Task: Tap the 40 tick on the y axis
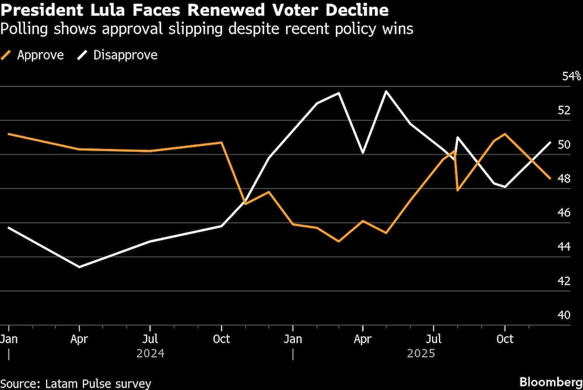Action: (x=563, y=315)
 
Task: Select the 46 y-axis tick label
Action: (x=563, y=213)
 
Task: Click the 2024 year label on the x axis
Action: (x=150, y=354)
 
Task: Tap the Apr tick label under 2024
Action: (x=79, y=339)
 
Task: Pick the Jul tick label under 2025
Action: (x=434, y=339)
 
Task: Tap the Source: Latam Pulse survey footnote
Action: (x=76, y=383)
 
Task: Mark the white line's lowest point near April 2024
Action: (x=79, y=267)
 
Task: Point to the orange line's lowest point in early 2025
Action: (x=338, y=241)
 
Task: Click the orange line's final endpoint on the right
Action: (x=550, y=178)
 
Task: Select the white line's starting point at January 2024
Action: (x=8, y=228)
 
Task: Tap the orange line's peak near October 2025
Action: (x=504, y=134)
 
